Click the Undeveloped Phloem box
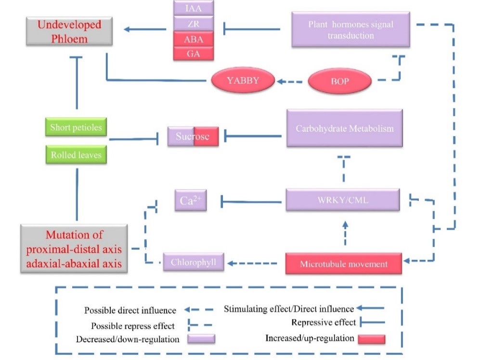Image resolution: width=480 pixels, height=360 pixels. (x=69, y=32)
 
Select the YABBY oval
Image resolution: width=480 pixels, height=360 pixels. (x=243, y=80)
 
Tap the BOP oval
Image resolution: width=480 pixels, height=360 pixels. (x=339, y=81)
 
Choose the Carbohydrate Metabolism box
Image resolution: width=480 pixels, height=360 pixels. (x=344, y=128)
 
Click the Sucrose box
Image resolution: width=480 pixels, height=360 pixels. (x=193, y=136)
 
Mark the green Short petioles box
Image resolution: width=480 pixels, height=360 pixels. (x=77, y=128)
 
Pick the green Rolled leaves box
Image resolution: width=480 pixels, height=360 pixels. (x=77, y=155)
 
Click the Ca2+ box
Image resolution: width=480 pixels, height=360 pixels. (x=191, y=200)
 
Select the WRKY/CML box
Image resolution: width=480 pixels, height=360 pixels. (x=342, y=200)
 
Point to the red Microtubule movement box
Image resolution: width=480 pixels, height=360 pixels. (x=343, y=264)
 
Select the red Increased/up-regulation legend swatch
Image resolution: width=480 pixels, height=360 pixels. (x=371, y=339)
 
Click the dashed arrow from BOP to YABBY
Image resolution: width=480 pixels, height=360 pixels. (x=291, y=81)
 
